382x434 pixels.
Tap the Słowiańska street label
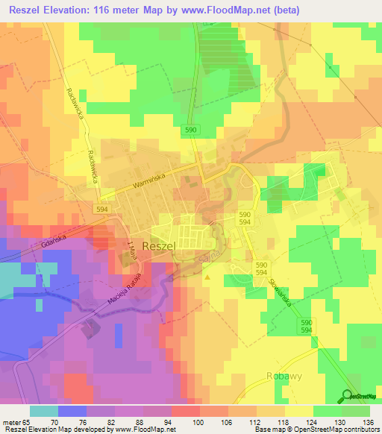click(286, 293)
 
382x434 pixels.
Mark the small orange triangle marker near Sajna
click(207, 279)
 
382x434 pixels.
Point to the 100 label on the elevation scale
click(198, 421)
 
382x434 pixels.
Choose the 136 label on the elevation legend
click(369, 421)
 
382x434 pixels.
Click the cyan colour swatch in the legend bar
click(44, 411)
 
